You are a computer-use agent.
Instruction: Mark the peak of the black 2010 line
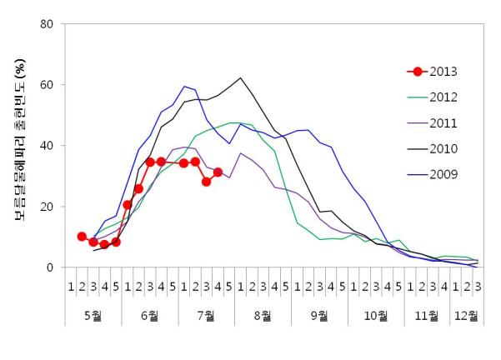(x=240, y=78)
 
